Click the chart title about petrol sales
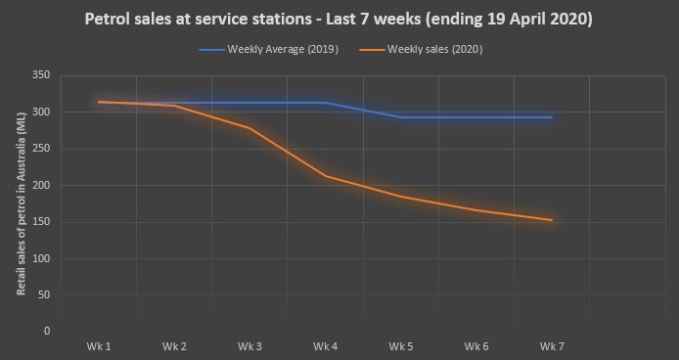[x=339, y=18]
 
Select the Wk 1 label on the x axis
[x=99, y=346]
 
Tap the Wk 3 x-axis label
[x=249, y=346]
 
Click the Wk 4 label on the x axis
[x=325, y=346]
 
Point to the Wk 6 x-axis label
[x=476, y=346]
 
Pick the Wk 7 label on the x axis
[x=552, y=346]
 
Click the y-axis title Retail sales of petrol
[x=21, y=203]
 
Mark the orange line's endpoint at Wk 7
[x=552, y=220]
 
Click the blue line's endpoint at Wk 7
[x=552, y=117]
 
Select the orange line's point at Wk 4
[x=325, y=176]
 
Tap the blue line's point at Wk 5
[x=401, y=117]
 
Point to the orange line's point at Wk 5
[x=401, y=197]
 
